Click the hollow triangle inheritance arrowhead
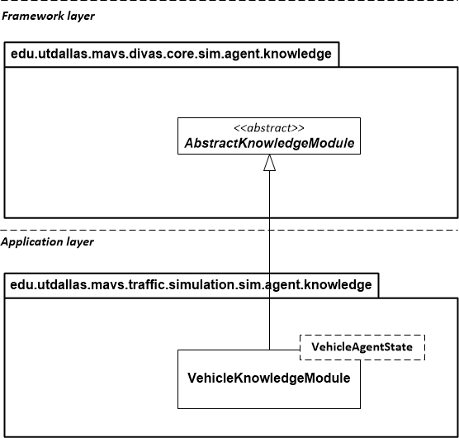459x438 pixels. tap(269, 162)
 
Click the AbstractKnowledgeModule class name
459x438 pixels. tap(269, 143)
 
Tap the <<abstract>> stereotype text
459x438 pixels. tap(269, 128)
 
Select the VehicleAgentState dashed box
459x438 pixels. tap(362, 347)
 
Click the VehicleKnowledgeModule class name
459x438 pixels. tap(269, 378)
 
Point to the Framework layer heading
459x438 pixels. tap(49, 16)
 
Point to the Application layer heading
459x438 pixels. tap(47, 242)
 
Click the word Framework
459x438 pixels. tap(32, 16)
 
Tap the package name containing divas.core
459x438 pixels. tap(171, 55)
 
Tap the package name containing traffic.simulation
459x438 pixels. tap(191, 285)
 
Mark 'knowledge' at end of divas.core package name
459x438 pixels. tap(300, 55)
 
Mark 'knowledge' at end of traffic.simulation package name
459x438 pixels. tap(340, 285)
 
